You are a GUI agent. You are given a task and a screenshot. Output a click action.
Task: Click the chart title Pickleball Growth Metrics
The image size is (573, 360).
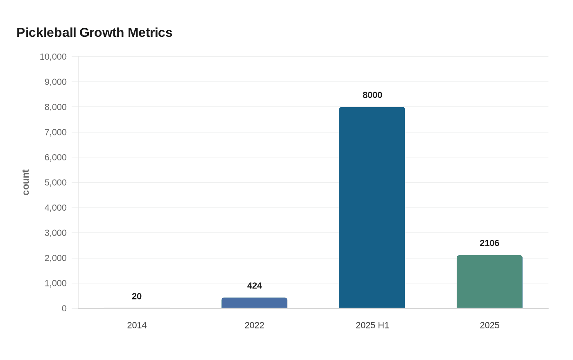point(95,33)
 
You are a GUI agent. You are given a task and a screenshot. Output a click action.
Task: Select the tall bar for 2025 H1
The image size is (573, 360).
point(372,207)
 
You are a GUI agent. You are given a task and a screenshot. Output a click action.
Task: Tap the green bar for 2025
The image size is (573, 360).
point(490,282)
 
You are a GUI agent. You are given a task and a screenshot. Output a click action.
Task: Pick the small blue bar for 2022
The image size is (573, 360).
point(255,303)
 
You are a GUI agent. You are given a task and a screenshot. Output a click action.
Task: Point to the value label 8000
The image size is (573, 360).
point(372,95)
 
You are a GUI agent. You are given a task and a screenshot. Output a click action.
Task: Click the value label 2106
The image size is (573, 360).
point(490,243)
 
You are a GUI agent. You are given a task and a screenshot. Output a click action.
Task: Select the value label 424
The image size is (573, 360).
point(255,286)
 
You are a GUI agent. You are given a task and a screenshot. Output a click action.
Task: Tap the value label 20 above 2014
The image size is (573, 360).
point(137,297)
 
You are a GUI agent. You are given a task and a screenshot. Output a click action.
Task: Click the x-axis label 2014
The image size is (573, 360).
point(137,326)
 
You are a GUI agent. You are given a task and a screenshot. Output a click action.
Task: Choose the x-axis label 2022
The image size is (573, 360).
point(255,326)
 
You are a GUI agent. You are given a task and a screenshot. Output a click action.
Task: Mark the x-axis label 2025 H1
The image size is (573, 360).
point(372,326)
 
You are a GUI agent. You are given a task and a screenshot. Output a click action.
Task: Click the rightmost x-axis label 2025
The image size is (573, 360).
point(490,326)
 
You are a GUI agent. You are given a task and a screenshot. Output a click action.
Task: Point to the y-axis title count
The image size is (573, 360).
point(26,182)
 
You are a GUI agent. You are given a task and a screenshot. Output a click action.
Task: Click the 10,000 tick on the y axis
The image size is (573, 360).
point(53,57)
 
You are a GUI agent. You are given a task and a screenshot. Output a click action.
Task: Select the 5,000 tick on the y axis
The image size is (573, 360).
point(56,183)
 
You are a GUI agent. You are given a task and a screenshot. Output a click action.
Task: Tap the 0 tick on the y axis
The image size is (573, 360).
point(64,309)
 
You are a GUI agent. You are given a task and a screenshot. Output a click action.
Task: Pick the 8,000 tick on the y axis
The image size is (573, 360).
point(56,107)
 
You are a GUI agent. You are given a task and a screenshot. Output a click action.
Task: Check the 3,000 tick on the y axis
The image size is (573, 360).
point(56,233)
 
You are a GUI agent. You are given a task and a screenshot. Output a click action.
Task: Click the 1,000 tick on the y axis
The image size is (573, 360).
point(56,283)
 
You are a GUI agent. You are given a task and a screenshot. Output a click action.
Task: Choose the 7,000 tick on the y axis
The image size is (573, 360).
point(56,133)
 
